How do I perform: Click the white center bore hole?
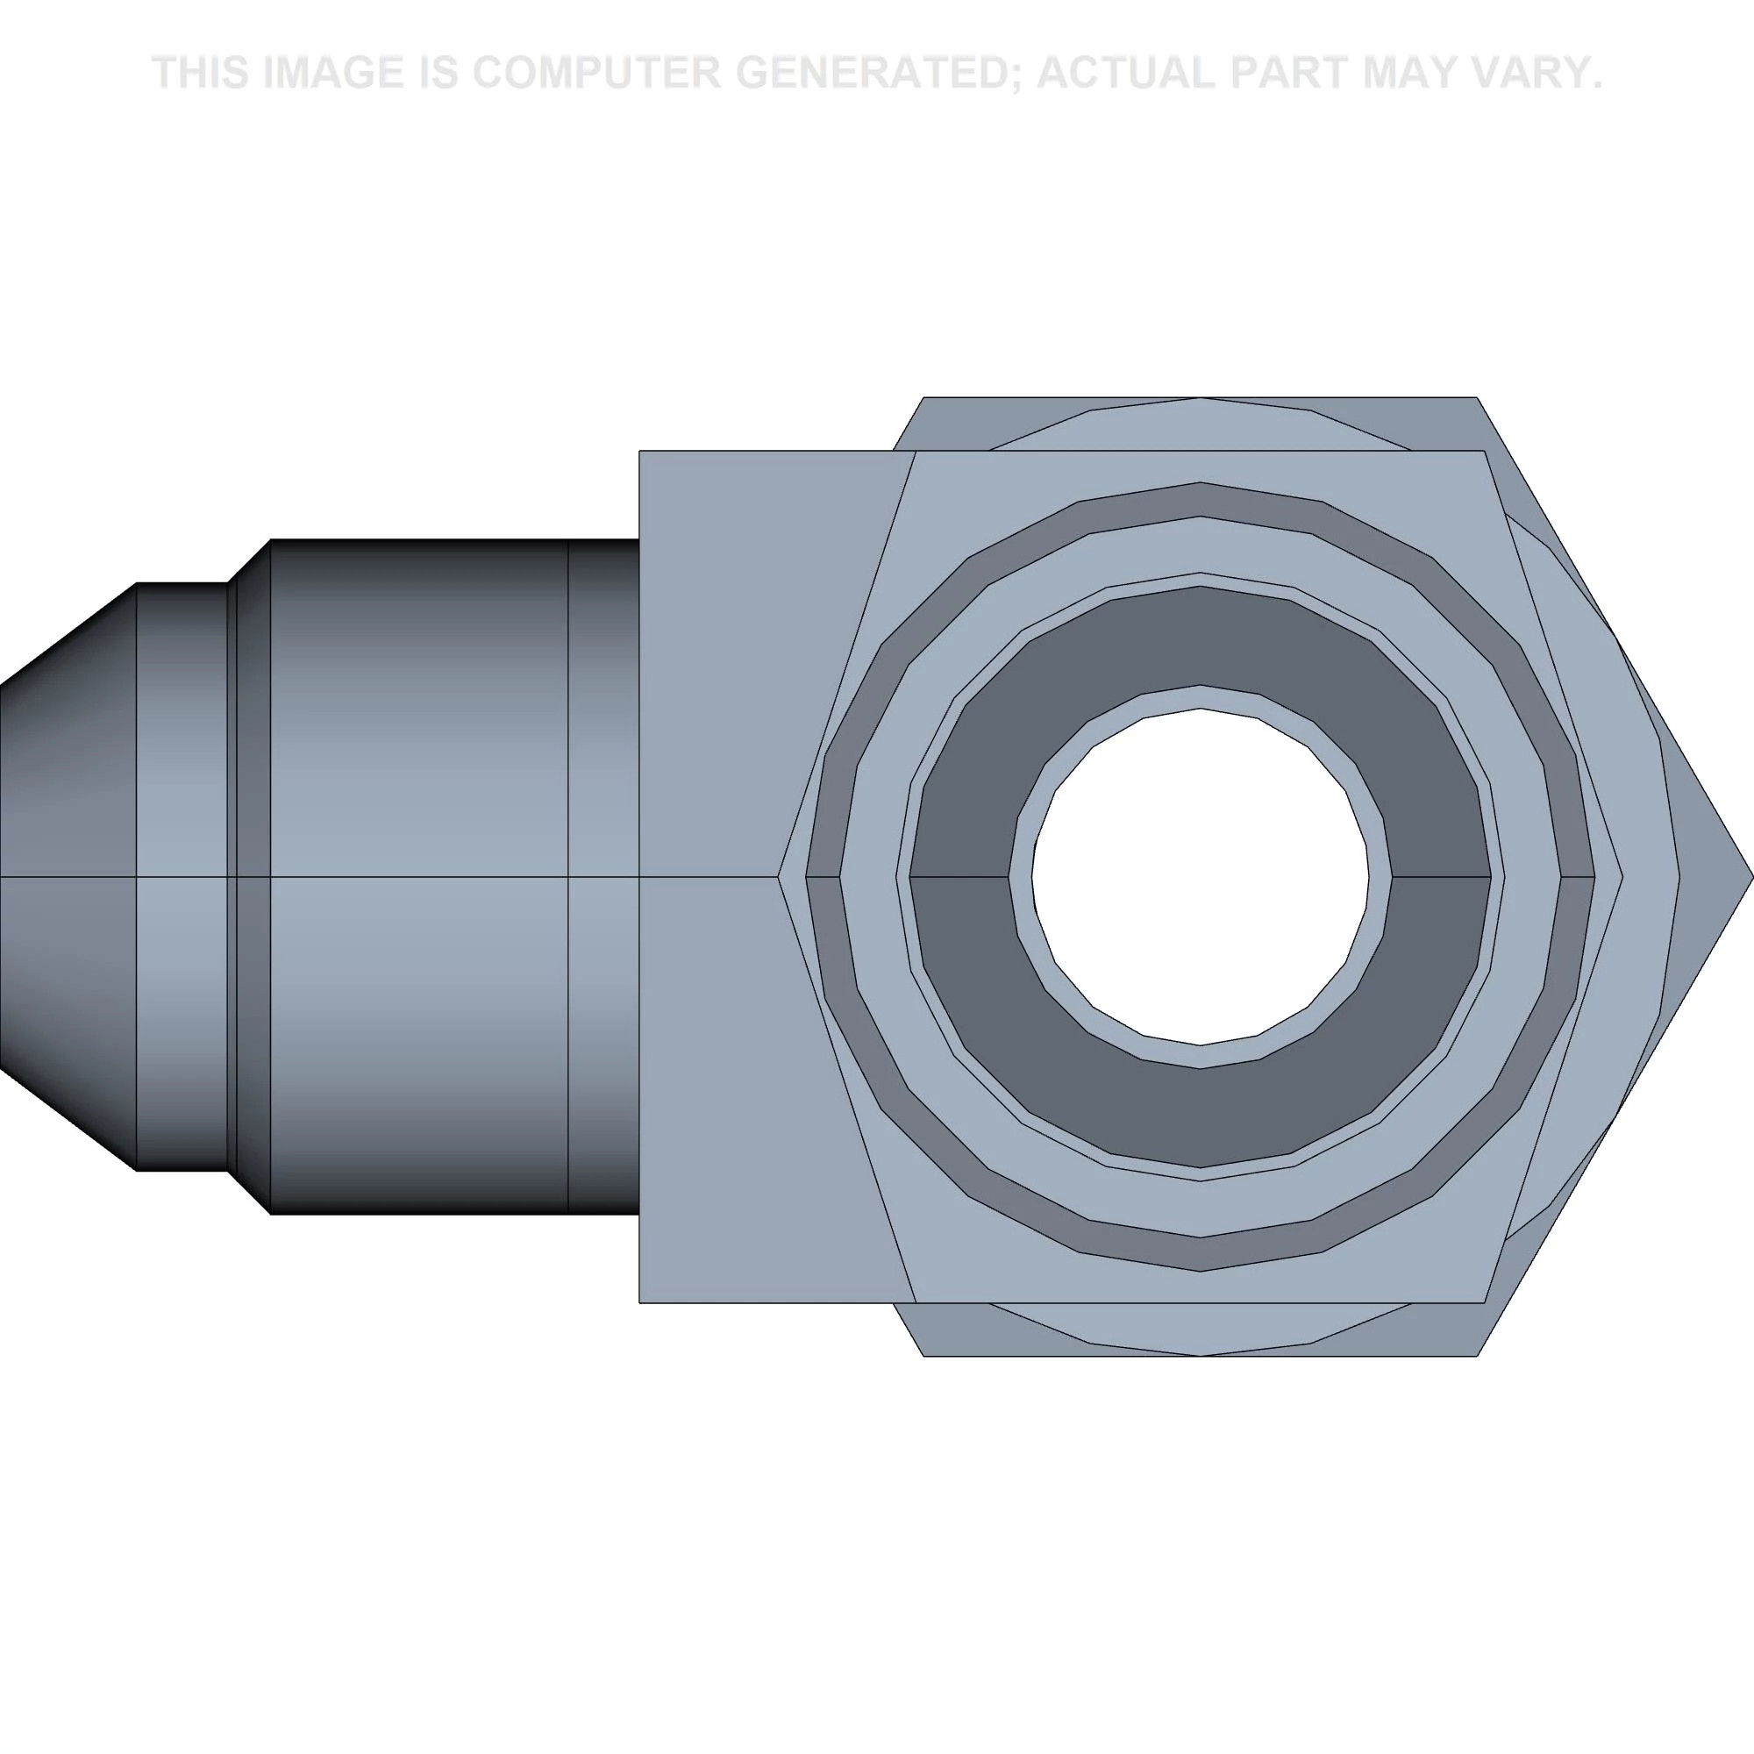click(1201, 877)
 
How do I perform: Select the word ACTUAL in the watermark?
click(1130, 73)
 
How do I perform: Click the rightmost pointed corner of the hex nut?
click(1752, 877)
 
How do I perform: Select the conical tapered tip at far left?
click(68, 877)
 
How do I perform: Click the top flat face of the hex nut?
click(1201, 423)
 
